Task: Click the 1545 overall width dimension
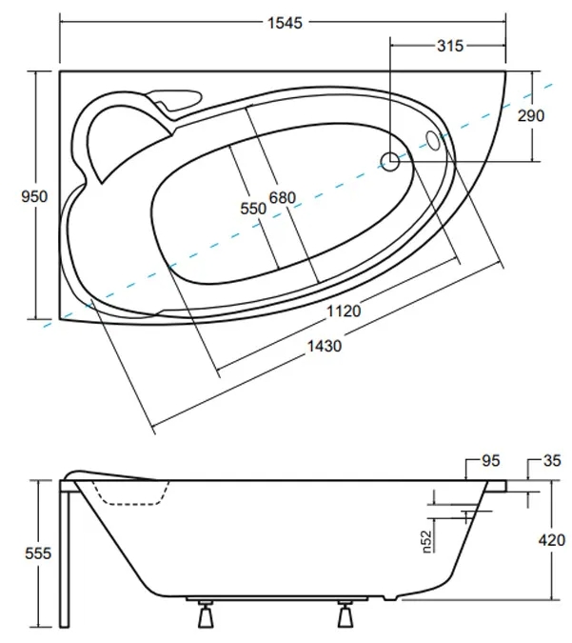(283, 24)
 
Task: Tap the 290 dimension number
(532, 115)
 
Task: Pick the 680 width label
(282, 197)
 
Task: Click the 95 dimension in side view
(490, 462)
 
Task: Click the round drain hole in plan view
(390, 162)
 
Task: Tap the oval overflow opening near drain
(434, 141)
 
